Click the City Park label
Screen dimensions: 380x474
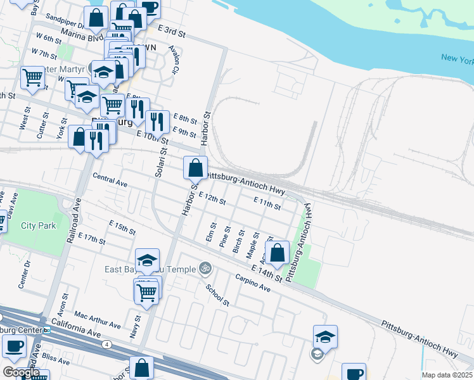(38, 225)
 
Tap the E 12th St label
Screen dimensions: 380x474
(212, 199)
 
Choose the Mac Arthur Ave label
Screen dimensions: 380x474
(97, 320)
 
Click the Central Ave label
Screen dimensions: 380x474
(110, 180)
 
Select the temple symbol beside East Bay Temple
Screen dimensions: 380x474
(203, 269)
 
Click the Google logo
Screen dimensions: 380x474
(21, 372)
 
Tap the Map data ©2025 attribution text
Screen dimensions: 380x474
(446, 375)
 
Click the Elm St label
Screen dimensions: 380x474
(212, 232)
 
